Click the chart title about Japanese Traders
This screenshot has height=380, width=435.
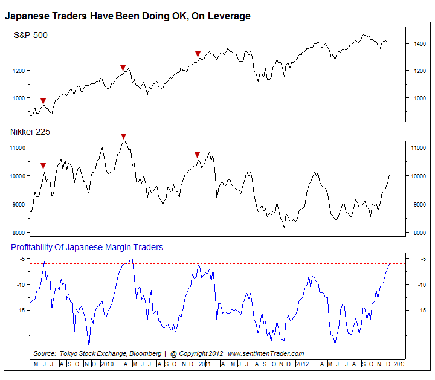[127, 16]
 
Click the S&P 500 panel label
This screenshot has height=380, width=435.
[31, 36]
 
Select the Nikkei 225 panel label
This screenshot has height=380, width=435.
[30, 131]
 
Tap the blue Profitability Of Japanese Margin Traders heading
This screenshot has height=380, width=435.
[87, 247]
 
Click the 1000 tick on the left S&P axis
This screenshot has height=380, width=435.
[18, 98]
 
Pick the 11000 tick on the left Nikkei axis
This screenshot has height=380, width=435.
[16, 147]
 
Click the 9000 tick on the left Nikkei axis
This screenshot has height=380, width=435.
[18, 204]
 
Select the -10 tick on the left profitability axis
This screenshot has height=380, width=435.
[20, 285]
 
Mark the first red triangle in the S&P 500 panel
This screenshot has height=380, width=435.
[43, 101]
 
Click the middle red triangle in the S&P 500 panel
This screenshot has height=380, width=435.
[123, 68]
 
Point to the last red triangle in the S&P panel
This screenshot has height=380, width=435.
[198, 54]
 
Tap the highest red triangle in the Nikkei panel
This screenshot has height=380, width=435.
[123, 137]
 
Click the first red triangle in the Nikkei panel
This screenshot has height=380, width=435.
[43, 166]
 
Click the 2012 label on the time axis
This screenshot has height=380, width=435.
[306, 364]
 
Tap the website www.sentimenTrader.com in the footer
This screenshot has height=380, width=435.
[266, 353]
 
